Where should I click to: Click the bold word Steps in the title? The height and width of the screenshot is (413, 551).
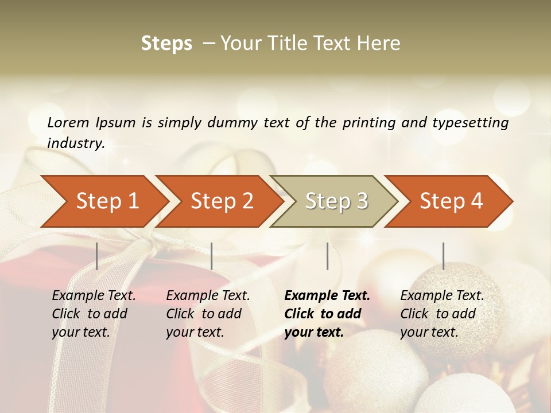coord(166,44)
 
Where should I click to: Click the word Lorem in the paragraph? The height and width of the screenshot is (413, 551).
coord(68,122)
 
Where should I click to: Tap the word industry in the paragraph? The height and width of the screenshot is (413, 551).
coord(75,143)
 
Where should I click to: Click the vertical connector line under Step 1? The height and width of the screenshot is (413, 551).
coord(97,256)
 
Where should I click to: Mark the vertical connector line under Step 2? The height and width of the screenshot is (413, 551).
coord(212,256)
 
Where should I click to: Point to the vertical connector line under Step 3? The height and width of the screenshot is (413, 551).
coord(327,256)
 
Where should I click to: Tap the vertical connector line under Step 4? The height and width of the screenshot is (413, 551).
coord(443,256)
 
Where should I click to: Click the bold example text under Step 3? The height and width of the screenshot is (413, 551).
coord(327,314)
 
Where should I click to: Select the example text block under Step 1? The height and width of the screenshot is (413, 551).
coord(94,314)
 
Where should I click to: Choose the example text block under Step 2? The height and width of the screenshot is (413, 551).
coord(208,314)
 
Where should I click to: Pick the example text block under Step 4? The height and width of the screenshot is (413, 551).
coord(442,314)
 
